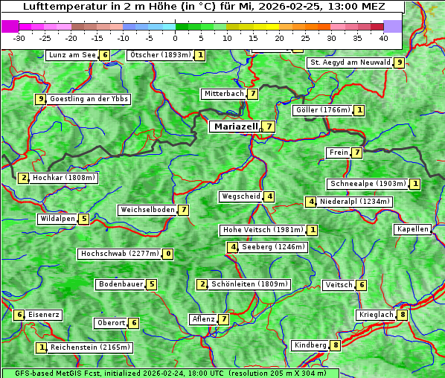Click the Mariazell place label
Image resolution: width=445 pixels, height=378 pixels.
click(x=235, y=126)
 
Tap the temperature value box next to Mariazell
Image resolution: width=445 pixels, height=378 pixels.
click(x=268, y=126)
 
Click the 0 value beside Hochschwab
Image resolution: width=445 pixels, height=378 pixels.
click(x=168, y=254)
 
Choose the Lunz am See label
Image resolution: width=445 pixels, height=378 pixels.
click(x=72, y=55)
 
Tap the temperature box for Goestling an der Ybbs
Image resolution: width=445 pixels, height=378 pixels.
click(x=40, y=99)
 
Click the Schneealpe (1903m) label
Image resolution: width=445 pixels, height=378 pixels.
click(x=368, y=184)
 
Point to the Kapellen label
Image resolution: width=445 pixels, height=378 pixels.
click(x=412, y=229)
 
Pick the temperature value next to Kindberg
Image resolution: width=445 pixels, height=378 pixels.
click(x=336, y=345)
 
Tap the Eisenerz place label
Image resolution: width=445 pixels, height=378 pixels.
click(x=44, y=315)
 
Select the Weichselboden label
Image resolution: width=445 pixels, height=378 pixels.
click(x=148, y=210)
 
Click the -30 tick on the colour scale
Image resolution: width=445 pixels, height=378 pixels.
click(x=20, y=37)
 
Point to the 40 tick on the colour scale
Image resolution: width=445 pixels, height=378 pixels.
click(x=383, y=37)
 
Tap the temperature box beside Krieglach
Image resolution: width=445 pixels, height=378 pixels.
click(x=403, y=315)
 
